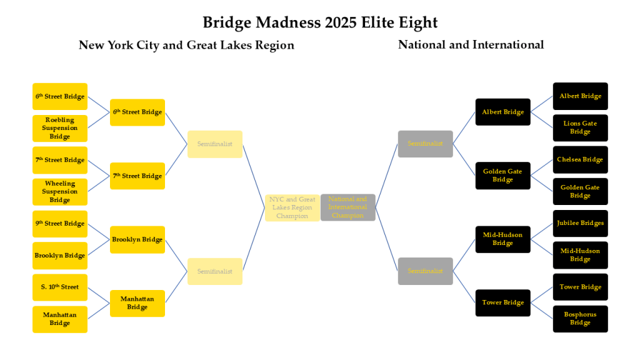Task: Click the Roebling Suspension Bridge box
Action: coord(60,128)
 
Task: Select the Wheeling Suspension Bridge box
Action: coord(60,192)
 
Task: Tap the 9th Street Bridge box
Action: coord(60,224)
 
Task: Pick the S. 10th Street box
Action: coord(60,287)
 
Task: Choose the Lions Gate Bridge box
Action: coord(580,127)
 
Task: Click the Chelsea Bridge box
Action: coord(580,159)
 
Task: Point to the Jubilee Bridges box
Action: coord(580,223)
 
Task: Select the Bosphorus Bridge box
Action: coord(580,319)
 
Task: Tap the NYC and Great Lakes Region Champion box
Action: coord(292,207)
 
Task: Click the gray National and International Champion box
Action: coord(347,207)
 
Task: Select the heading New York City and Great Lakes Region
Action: coord(186,45)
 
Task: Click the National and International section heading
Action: coord(471,44)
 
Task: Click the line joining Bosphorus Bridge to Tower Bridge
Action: coord(542,311)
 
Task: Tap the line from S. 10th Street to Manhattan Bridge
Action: coord(99,295)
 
